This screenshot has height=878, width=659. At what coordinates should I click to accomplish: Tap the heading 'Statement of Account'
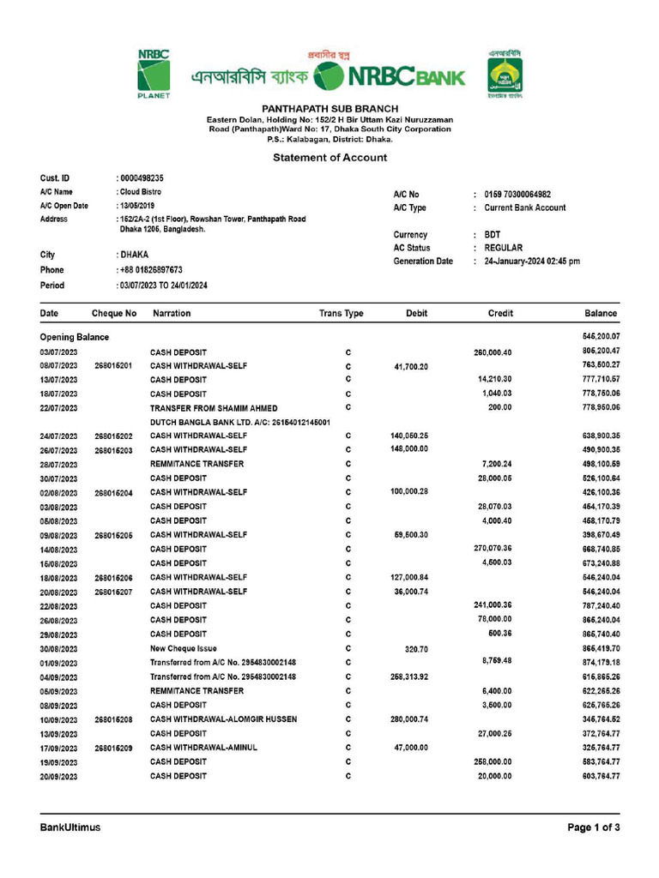pyautogui.click(x=329, y=158)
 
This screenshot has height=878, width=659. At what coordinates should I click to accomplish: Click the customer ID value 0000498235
pyautogui.click(x=140, y=177)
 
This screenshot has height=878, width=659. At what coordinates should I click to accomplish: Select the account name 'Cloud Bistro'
pyautogui.click(x=139, y=192)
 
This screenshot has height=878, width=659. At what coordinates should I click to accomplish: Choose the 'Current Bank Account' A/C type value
pyautogui.click(x=524, y=208)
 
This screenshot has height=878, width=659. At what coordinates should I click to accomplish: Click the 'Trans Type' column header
pyautogui.click(x=341, y=314)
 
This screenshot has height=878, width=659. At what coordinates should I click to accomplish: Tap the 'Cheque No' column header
pyautogui.click(x=114, y=314)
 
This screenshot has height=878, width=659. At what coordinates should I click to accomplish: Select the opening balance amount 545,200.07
pyautogui.click(x=601, y=337)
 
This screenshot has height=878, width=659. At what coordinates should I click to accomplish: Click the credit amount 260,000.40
pyautogui.click(x=493, y=352)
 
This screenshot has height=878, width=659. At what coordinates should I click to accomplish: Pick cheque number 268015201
pyautogui.click(x=113, y=366)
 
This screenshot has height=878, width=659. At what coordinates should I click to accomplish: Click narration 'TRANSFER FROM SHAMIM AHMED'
pyautogui.click(x=214, y=407)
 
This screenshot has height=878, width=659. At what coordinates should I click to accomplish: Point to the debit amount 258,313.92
pyautogui.click(x=408, y=677)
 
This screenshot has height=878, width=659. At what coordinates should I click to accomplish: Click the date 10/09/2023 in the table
pyautogui.click(x=58, y=719)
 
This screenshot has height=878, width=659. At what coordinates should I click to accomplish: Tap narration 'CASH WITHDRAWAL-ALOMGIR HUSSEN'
pyautogui.click(x=223, y=719)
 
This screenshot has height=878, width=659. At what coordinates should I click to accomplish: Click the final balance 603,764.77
pyautogui.click(x=601, y=776)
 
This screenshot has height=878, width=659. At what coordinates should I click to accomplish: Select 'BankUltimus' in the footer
pyautogui.click(x=70, y=827)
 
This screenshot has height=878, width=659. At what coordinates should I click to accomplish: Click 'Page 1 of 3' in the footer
pyautogui.click(x=593, y=827)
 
